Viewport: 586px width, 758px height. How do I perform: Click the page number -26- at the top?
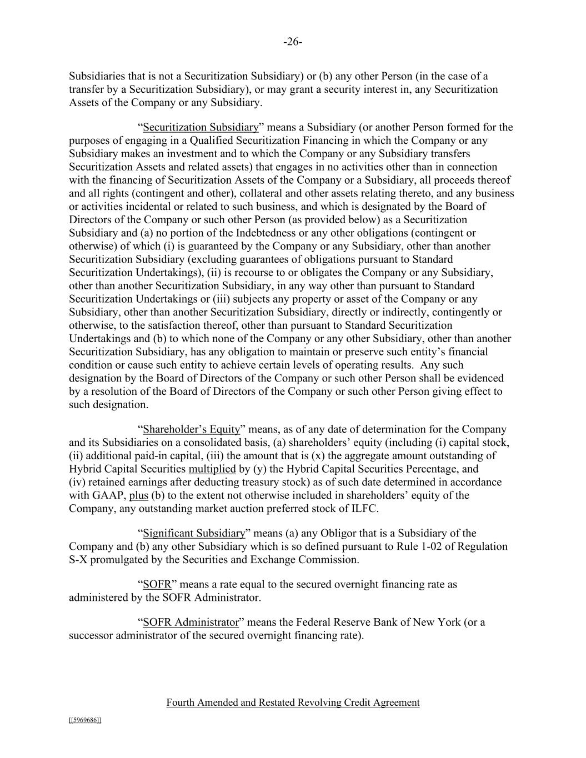[293, 42]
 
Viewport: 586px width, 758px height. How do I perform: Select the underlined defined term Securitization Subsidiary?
[201, 127]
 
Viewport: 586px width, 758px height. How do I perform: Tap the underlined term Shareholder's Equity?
[191, 429]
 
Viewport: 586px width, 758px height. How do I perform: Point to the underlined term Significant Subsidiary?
[194, 533]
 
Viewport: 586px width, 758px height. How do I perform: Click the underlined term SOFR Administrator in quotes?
[191, 622]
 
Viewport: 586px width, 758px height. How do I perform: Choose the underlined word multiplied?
[212, 469]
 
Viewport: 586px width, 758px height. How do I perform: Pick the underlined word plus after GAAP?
[139, 495]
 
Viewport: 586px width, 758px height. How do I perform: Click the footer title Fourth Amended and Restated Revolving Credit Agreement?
[293, 702]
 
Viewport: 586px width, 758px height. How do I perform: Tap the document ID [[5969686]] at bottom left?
[85, 720]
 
